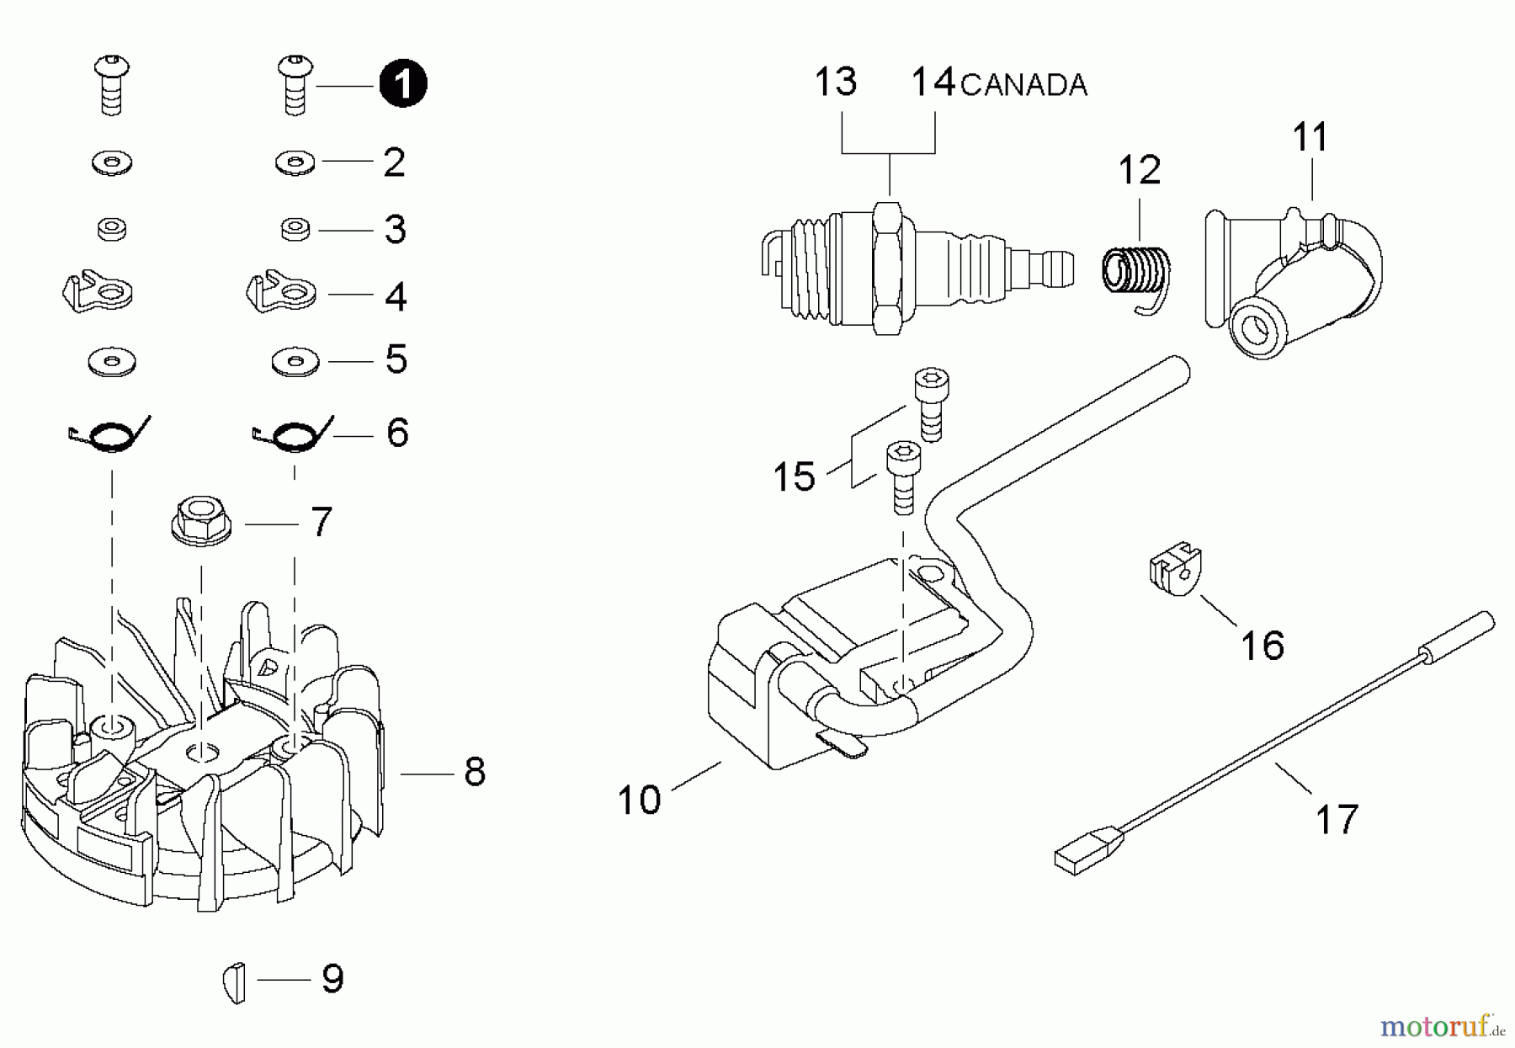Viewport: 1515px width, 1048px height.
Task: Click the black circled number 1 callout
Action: [x=402, y=84]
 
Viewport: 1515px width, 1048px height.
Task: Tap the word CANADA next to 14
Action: [x=1023, y=85]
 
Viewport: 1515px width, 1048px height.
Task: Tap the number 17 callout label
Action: [x=1337, y=819]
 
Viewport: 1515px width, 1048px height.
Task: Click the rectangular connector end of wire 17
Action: [x=1087, y=849]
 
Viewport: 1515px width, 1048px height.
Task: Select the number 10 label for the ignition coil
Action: [x=639, y=800]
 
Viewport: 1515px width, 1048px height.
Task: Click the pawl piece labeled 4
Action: [x=281, y=291]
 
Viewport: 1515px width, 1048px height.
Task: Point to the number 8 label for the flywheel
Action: [x=475, y=771]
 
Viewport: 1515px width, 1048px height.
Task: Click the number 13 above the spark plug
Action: [x=835, y=82]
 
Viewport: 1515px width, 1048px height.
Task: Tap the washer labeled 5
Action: [x=293, y=362]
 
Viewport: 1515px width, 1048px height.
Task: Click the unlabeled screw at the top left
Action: [x=112, y=84]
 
